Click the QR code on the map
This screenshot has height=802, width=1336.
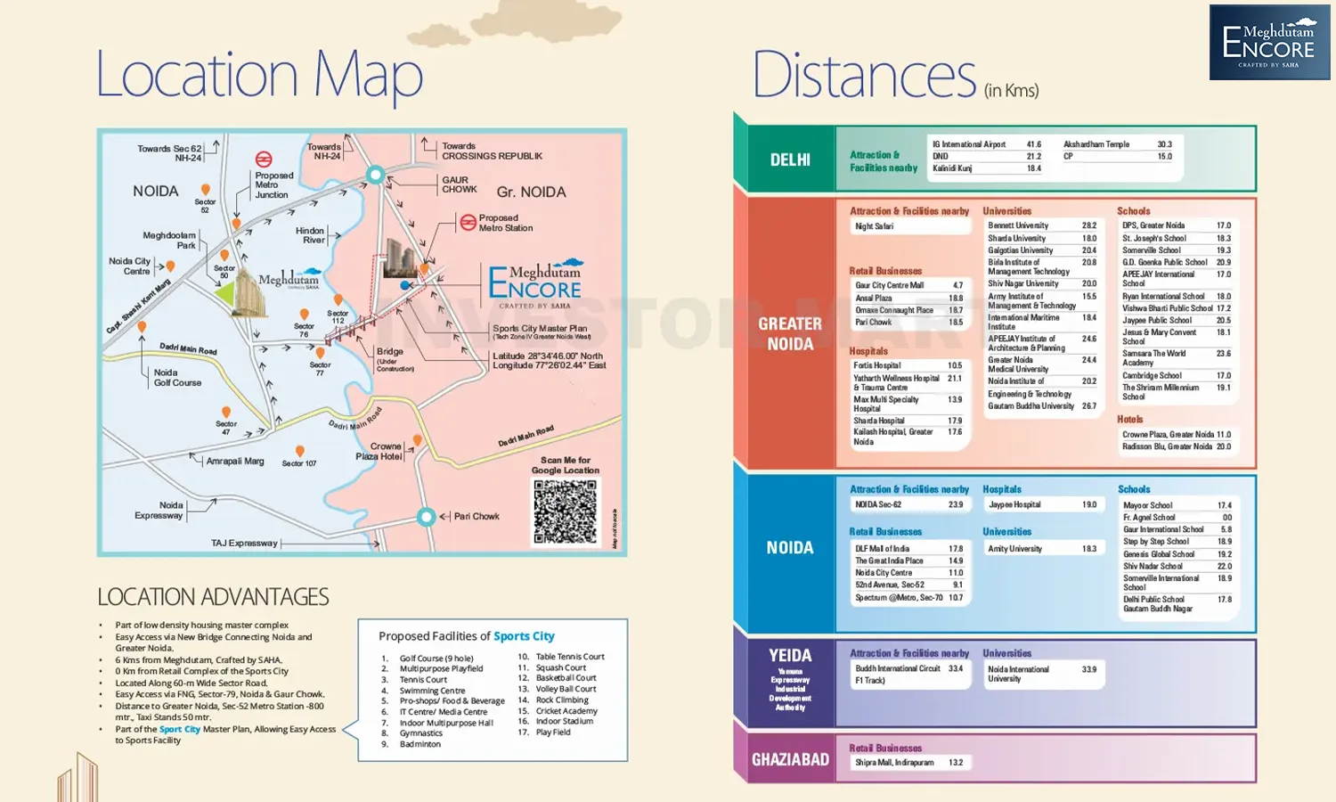[x=565, y=512]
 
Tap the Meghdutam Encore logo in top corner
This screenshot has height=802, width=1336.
[x=1269, y=43]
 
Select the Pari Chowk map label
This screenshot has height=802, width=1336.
[x=477, y=516]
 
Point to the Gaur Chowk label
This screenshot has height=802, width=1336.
[x=460, y=184]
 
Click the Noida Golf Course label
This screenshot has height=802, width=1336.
[x=177, y=378]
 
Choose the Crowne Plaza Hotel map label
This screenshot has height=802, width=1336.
[x=379, y=451]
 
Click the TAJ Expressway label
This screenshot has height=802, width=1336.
[x=244, y=543]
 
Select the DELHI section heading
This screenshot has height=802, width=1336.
[x=790, y=160]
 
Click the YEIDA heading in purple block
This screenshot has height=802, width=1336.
[x=790, y=656]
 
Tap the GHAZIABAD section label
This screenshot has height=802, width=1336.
[x=790, y=760]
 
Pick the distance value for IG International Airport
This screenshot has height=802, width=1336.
[x=1033, y=144]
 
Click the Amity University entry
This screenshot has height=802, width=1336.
[x=1014, y=549]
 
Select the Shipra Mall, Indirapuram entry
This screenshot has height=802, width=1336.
[x=894, y=763]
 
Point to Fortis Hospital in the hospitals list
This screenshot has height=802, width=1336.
[x=877, y=365]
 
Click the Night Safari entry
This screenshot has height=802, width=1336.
[x=874, y=226]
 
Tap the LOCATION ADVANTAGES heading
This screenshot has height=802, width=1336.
[x=213, y=597]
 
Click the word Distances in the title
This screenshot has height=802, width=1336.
[x=864, y=77]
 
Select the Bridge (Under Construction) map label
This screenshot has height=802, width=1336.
[x=391, y=357]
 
